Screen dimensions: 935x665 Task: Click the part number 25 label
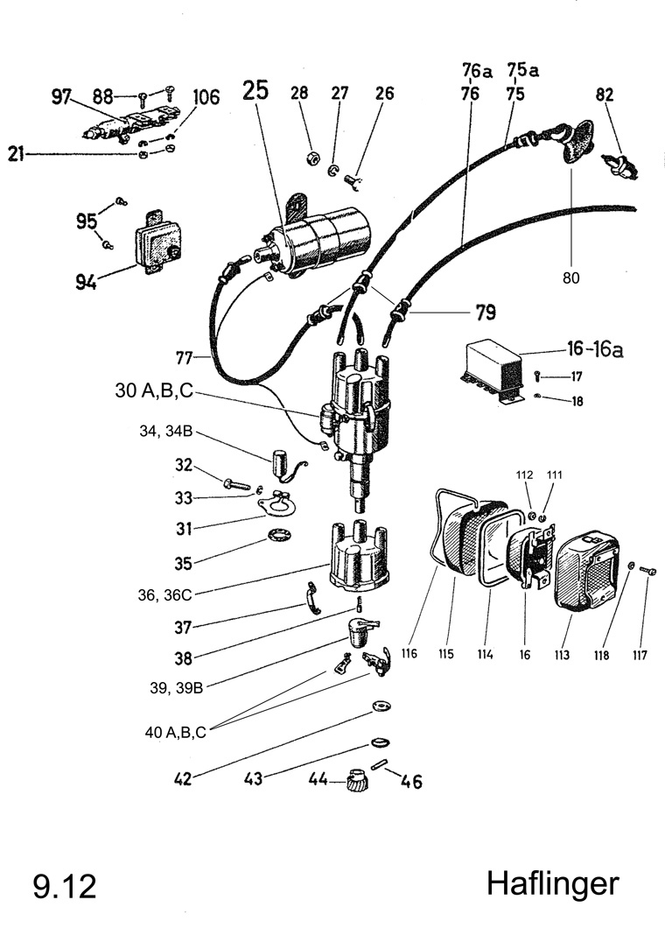(x=255, y=91)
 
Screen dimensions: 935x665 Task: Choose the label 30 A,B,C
(x=153, y=391)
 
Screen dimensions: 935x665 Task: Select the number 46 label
(x=411, y=782)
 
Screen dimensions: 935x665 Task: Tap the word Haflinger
(x=552, y=883)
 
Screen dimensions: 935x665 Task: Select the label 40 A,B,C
(x=176, y=734)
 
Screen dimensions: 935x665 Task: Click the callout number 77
(x=185, y=358)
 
